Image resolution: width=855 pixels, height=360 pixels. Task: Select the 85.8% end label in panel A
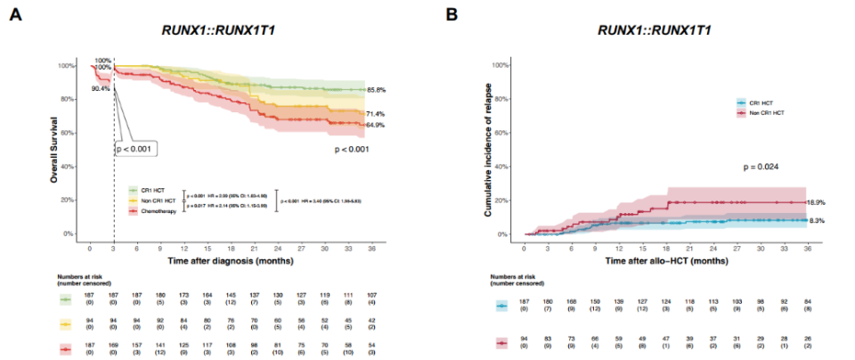(375, 90)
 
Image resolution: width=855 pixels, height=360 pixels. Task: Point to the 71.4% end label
(375, 114)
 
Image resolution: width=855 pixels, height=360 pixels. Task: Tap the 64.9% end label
(375, 126)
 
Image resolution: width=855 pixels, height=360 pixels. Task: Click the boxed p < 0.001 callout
(137, 148)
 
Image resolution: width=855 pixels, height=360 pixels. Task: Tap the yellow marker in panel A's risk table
(66, 324)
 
